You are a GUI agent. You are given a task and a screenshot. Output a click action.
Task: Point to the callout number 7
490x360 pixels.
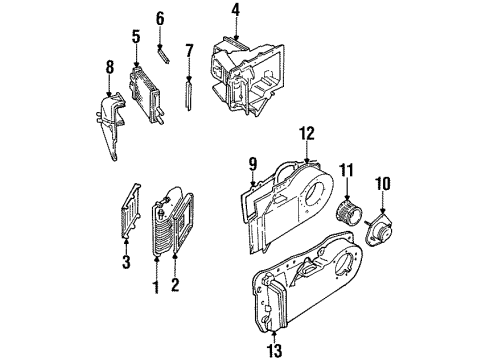point(187,50)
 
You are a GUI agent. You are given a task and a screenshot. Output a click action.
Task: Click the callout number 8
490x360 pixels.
point(108,69)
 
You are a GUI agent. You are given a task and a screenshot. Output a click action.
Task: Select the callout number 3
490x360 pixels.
point(127,262)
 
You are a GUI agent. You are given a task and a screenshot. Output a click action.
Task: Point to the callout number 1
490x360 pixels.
point(156,288)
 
